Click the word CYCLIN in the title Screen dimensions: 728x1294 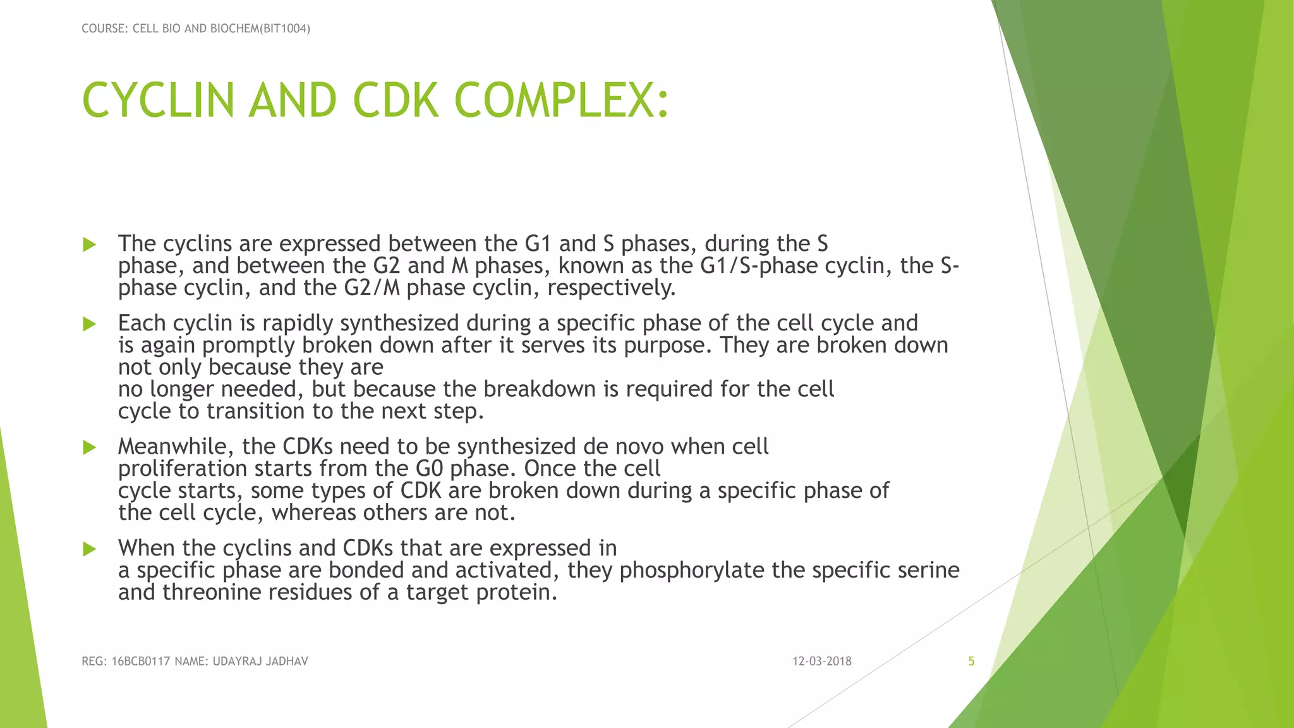[x=158, y=101]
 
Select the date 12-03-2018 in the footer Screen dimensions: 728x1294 [x=822, y=662]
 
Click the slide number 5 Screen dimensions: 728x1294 [x=971, y=662]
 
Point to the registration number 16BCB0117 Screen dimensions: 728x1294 [x=141, y=662]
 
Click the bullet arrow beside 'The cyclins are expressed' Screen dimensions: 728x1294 [x=90, y=245]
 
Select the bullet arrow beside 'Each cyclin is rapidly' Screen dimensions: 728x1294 [x=90, y=324]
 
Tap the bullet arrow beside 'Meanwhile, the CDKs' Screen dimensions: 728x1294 [x=90, y=447]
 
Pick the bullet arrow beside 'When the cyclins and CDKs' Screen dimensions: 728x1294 [x=90, y=549]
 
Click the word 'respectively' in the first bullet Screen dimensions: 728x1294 [x=611, y=288]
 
